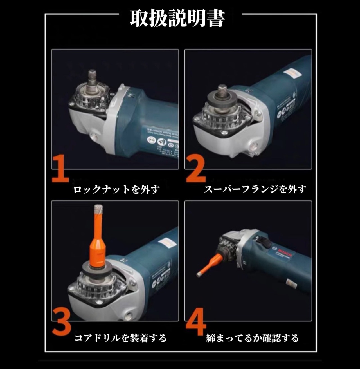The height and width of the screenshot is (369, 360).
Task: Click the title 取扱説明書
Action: click(x=177, y=19)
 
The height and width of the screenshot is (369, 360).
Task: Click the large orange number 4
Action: click(x=196, y=321)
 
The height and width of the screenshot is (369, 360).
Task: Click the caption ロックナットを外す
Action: click(x=116, y=189)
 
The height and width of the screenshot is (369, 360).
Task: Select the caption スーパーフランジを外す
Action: click(x=255, y=189)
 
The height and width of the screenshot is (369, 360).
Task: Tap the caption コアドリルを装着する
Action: click(x=120, y=338)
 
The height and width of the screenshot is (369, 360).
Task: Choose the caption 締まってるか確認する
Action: click(x=252, y=338)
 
